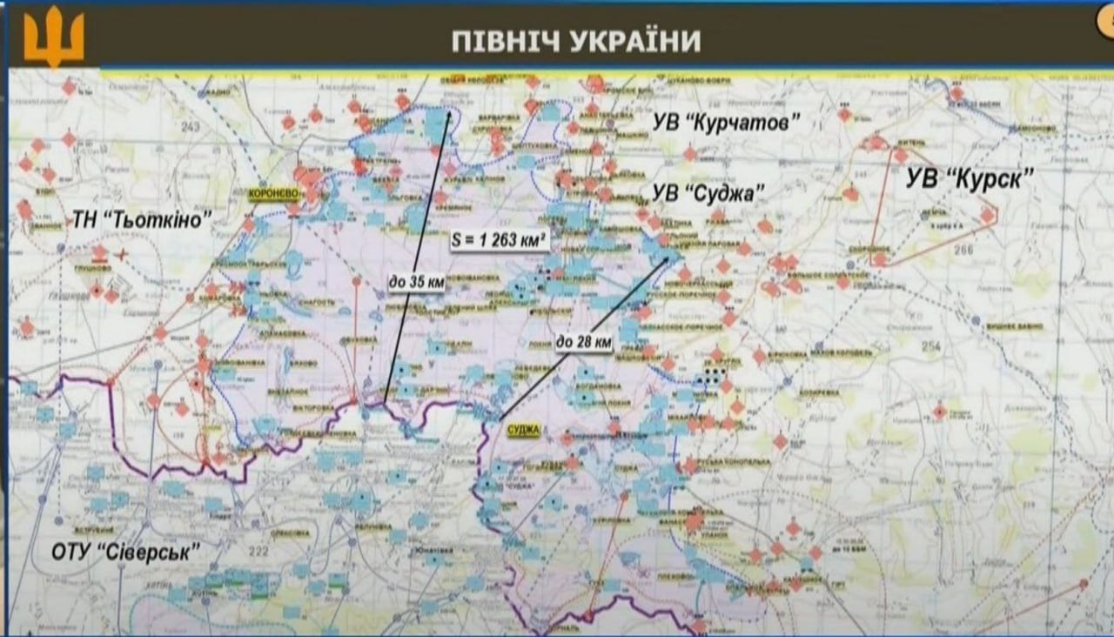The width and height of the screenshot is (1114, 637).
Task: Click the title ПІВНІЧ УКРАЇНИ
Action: click(575, 41)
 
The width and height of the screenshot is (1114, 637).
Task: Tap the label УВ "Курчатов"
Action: click(726, 124)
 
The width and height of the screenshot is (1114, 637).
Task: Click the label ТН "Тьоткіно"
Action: click(142, 221)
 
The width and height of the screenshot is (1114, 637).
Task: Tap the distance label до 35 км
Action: click(415, 281)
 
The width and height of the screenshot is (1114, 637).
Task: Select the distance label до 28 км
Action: click(583, 343)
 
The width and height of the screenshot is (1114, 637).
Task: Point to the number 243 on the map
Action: click(191, 127)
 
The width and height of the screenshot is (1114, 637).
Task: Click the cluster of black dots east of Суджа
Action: click(714, 376)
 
